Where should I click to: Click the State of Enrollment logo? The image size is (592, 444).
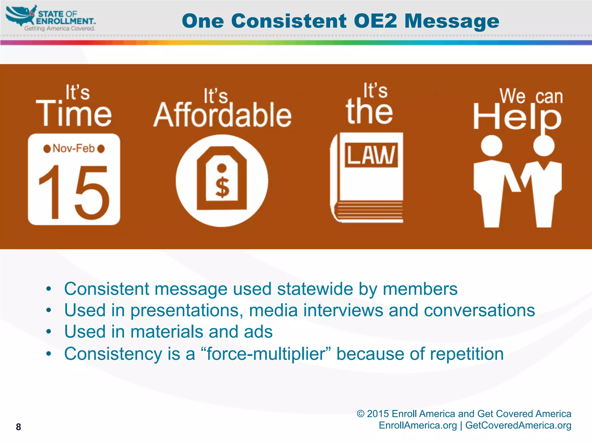[51, 18]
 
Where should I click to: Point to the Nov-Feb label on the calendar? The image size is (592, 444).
[74, 149]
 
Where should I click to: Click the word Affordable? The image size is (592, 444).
[222, 116]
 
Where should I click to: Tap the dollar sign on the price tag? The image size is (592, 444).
[222, 187]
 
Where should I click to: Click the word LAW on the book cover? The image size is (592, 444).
[371, 155]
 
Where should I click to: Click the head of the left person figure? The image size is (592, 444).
[491, 145]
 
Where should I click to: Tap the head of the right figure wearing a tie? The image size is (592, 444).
[544, 145]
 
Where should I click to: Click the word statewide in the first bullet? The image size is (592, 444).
[315, 289]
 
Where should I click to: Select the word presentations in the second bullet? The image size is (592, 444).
[186, 310]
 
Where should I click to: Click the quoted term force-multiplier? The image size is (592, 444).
[266, 354]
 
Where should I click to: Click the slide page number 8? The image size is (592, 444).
[18, 427]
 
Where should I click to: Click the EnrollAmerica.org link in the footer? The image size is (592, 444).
[418, 425]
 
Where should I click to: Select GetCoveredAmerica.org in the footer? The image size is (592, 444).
[518, 425]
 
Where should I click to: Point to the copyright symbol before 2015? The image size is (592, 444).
[360, 414]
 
